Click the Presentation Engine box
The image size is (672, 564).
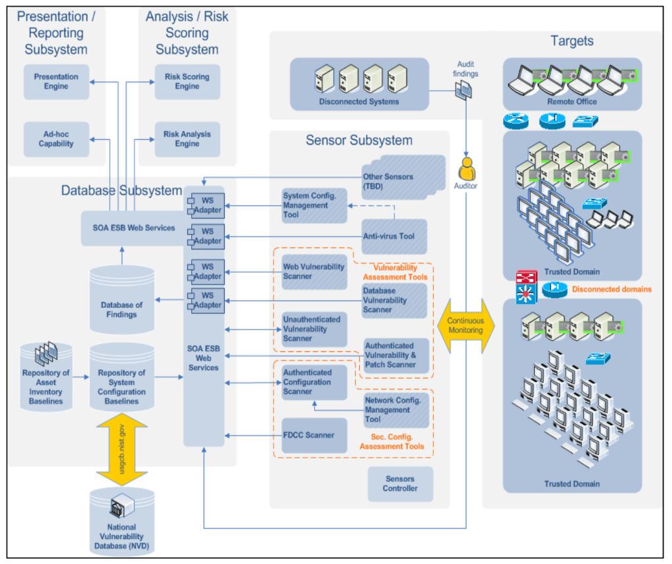56,81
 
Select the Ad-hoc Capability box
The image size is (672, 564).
56,139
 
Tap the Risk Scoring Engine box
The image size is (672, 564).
187,81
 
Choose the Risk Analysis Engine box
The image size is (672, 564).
187,139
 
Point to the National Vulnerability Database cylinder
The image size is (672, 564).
122,522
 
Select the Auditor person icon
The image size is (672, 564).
466,169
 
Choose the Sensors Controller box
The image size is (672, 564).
400,484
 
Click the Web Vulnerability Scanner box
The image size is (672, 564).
314,272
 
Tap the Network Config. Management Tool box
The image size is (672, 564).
396,410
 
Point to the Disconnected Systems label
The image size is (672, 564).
359,102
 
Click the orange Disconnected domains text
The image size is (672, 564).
612,289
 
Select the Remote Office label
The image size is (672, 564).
572,102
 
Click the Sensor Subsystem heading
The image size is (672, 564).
359,140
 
